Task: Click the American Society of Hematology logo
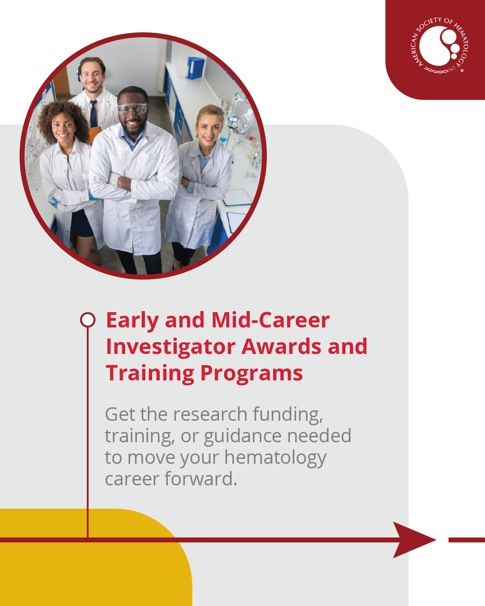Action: coord(439,45)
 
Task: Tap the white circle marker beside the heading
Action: coord(87,320)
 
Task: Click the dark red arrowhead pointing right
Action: coord(414,540)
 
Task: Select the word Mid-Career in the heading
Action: coord(271,320)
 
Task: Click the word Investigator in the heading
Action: coord(170,347)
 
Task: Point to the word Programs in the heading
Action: coord(252,373)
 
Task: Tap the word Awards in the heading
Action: coord(281,346)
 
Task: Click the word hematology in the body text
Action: coord(275,458)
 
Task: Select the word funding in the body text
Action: coord(288,414)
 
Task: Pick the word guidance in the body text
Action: coord(242,436)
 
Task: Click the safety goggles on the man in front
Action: coord(132,109)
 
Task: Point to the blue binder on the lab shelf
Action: coord(195,68)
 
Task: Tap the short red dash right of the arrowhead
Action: coord(467,540)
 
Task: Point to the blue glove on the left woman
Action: coord(53,202)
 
